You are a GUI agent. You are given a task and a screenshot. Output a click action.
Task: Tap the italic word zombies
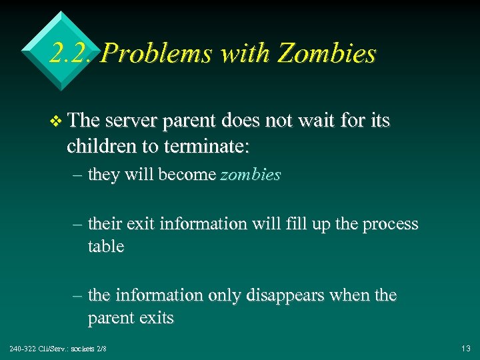251,175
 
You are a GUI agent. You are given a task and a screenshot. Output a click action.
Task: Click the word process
390,224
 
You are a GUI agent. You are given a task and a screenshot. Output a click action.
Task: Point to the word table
106,247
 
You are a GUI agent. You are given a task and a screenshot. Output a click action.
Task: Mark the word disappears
283,295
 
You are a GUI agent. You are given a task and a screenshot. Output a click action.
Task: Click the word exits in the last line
156,319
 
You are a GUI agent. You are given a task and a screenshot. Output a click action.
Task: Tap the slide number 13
465,349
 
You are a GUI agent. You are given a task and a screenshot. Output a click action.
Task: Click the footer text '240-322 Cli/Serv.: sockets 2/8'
58,349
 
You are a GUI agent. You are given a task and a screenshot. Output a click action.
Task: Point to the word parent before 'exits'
111,319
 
